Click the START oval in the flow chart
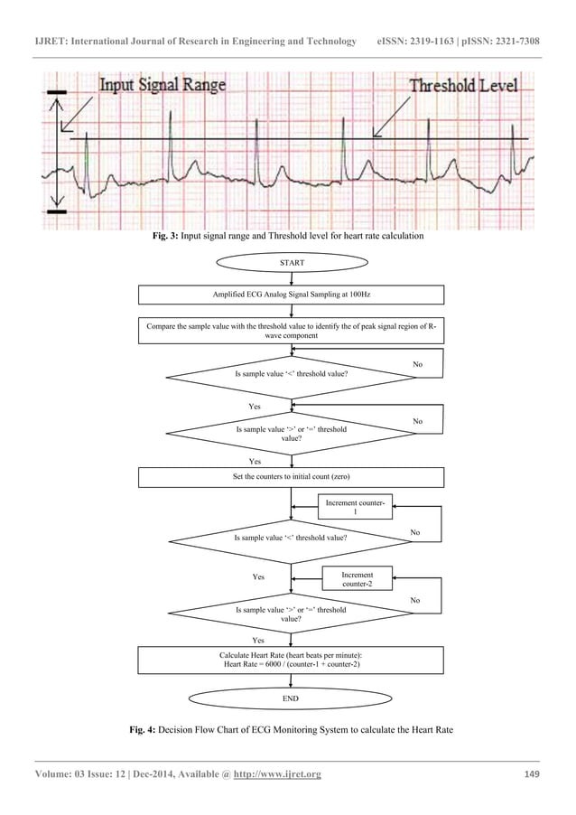291,263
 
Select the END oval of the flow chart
291,699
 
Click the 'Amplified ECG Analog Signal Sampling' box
291,295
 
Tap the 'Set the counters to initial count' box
291,477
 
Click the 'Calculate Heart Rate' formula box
291,660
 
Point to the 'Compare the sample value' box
291,330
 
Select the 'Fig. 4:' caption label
146,728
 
